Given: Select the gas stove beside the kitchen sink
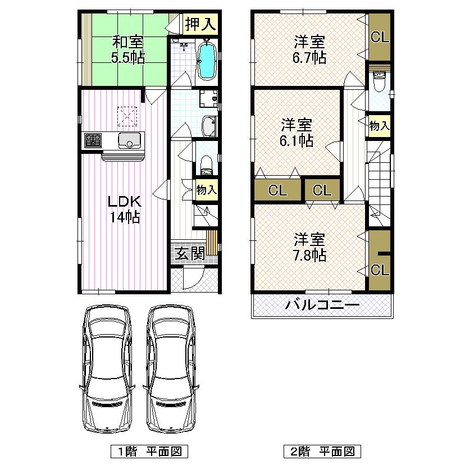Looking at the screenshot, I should click(x=93, y=140).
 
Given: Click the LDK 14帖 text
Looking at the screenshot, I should click(x=124, y=209).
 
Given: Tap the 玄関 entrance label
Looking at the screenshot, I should click(x=189, y=254).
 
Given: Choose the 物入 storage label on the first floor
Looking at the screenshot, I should click(x=206, y=190).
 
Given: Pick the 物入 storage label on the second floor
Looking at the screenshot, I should click(x=379, y=126).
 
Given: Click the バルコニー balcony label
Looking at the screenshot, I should click(x=322, y=306).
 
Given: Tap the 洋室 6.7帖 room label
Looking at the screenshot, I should click(x=310, y=49).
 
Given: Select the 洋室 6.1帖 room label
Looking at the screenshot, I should click(x=297, y=133).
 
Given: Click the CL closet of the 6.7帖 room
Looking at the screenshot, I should click(x=380, y=38).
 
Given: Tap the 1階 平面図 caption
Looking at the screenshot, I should click(x=147, y=451).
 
